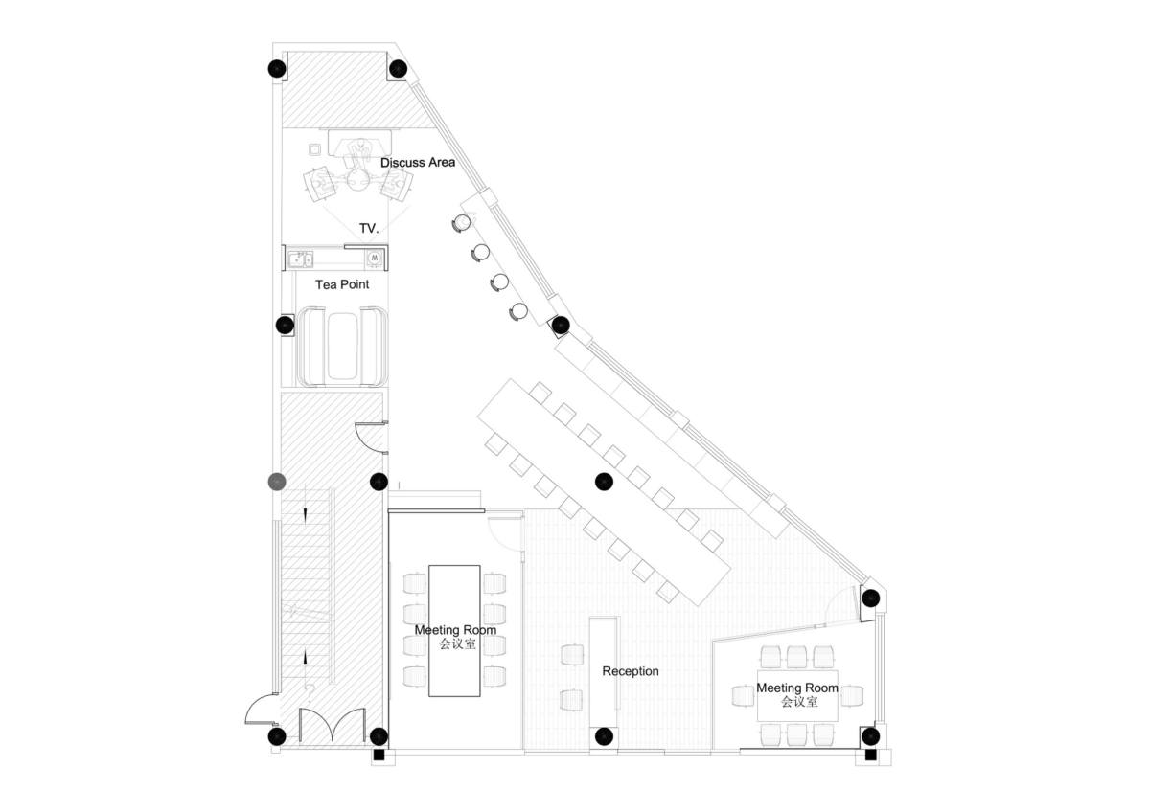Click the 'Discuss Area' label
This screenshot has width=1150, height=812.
point(418,163)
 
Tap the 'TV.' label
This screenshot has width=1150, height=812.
point(369,229)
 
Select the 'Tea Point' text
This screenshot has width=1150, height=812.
point(342,284)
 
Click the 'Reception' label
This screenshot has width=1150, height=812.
point(630,671)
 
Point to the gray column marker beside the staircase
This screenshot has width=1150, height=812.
point(277,481)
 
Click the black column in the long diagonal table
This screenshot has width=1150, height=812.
point(604,481)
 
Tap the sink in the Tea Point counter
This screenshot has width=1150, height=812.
point(303,259)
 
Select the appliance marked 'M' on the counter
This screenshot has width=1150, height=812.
point(375,259)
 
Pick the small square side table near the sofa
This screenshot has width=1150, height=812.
point(313,149)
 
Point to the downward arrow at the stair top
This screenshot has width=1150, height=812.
point(306,514)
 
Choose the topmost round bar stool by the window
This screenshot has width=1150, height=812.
point(462,223)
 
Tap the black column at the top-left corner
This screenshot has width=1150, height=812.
point(277,69)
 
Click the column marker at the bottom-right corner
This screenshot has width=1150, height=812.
point(870,736)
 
